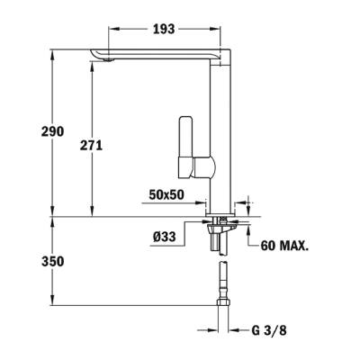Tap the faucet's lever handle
coord(188,144)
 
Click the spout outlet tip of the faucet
coord(101,61)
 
